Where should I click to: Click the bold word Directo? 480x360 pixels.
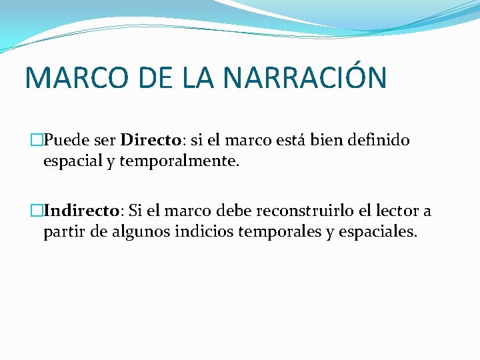pos(151,141)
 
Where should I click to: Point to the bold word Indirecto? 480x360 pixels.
pos(81,211)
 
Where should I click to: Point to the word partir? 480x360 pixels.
pos(59,233)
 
